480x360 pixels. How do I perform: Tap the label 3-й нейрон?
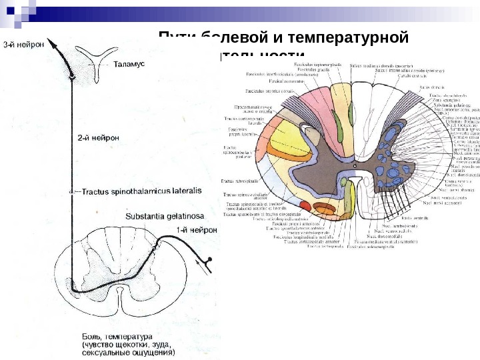pyautogui.click(x=24, y=45)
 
